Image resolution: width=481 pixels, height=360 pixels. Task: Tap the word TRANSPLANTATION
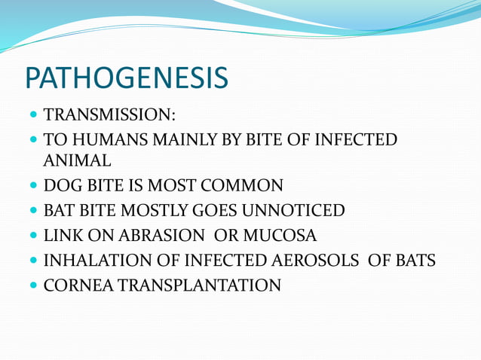pos(200,285)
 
